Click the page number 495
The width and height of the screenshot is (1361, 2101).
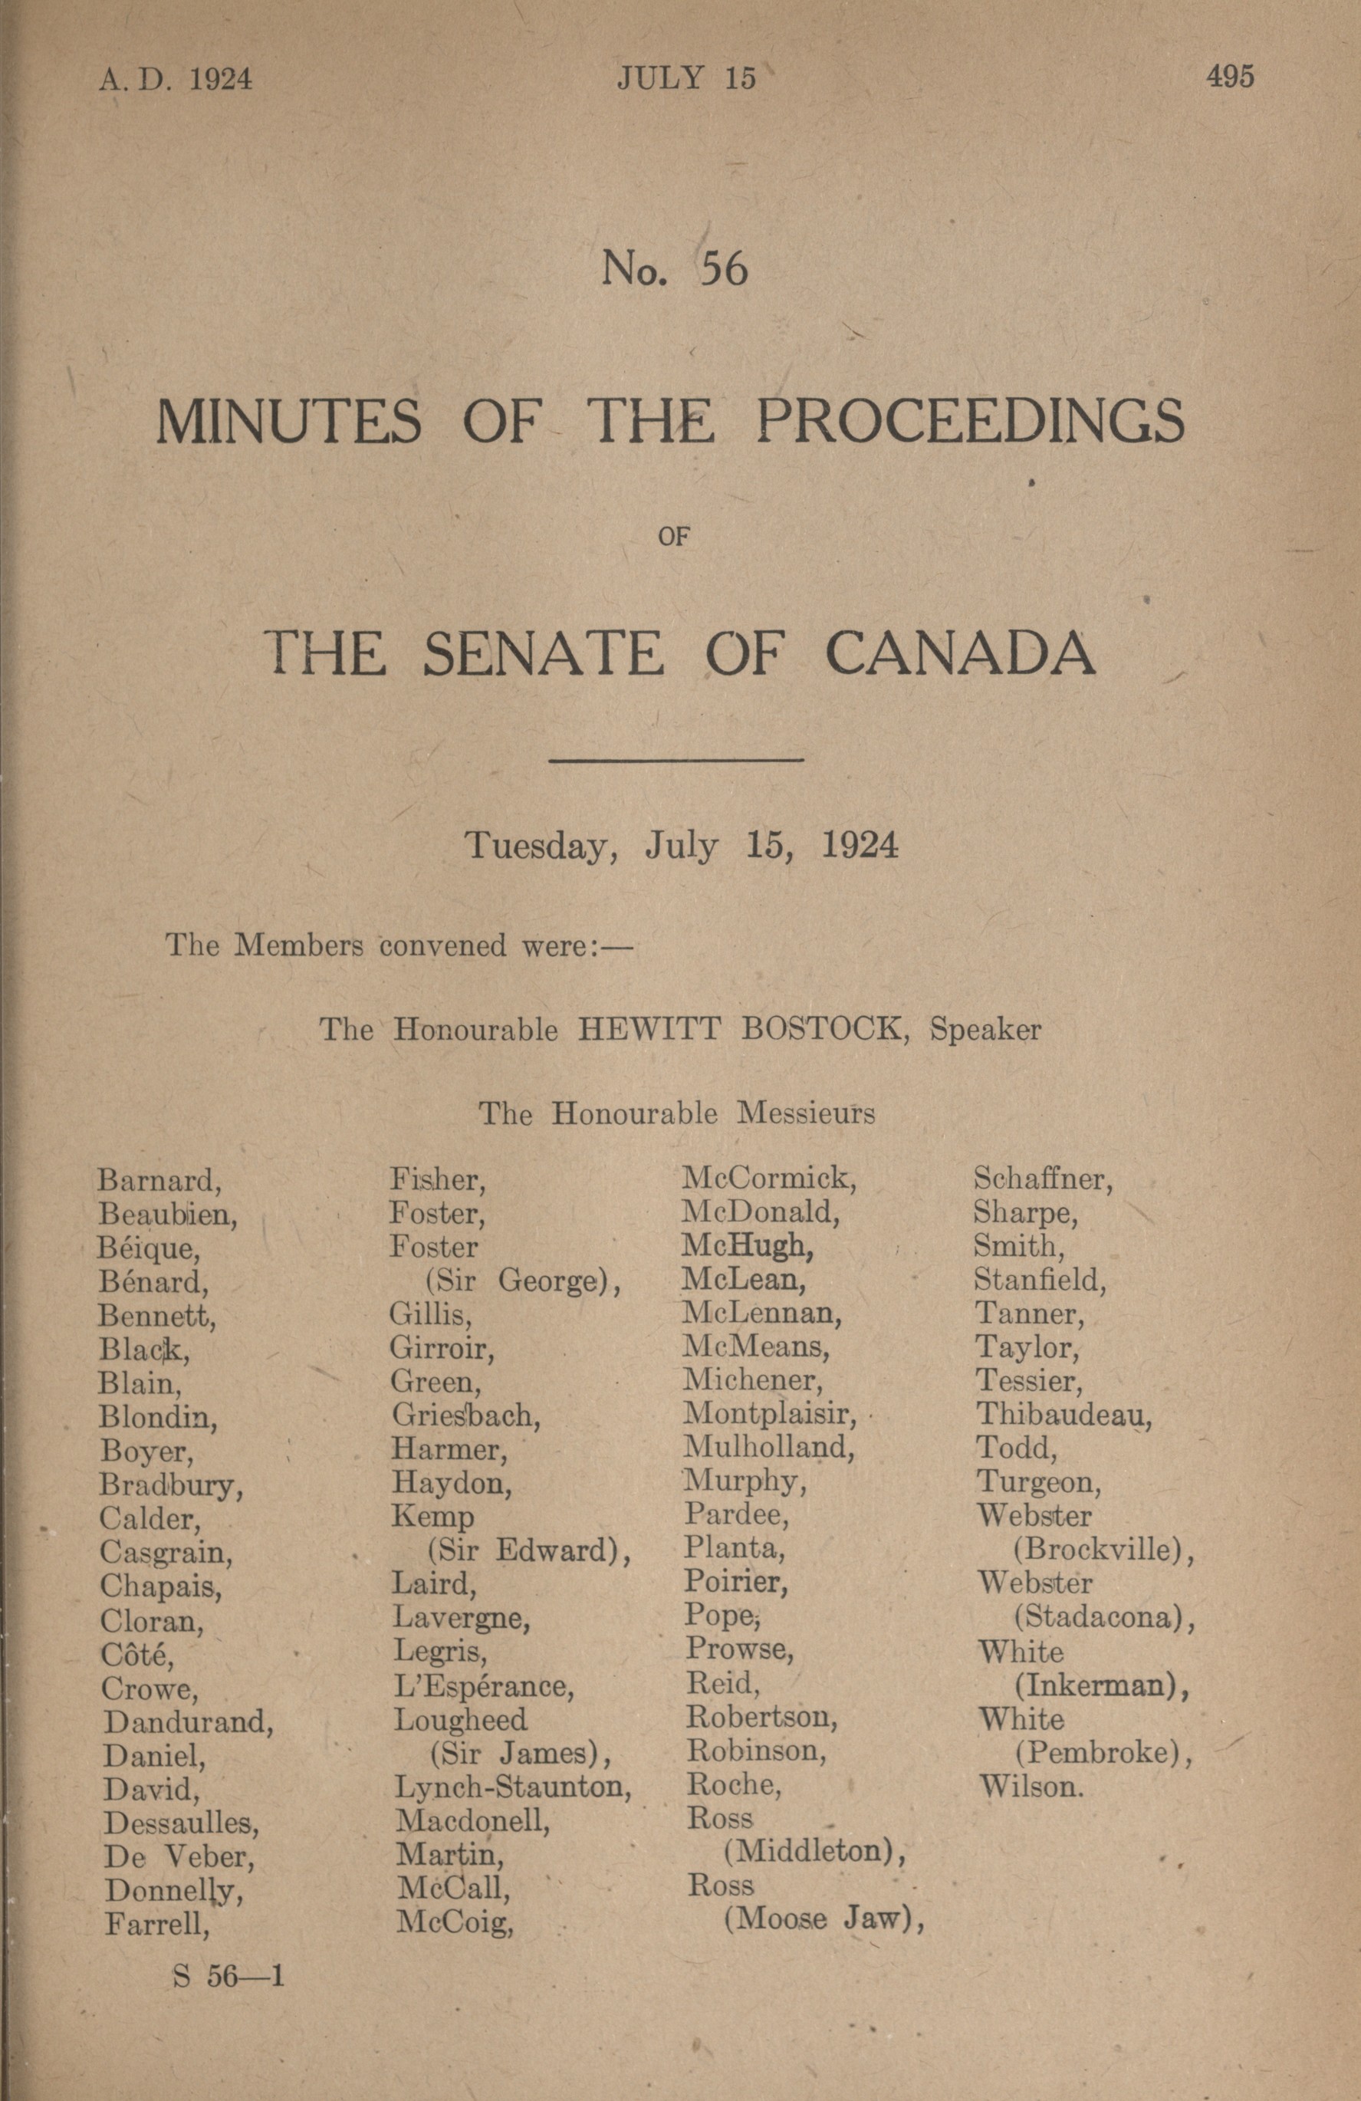1229,77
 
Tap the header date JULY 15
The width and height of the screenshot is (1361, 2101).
685,80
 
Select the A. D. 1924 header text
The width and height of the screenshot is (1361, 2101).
176,81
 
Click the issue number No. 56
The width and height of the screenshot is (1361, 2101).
674,269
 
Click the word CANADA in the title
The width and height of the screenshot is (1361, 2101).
959,654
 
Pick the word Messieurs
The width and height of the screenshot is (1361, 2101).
805,1114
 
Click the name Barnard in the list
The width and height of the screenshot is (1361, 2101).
159,1180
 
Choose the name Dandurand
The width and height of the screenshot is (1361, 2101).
188,1722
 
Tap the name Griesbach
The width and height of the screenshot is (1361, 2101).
466,1416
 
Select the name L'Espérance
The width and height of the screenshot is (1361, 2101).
484,1687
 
